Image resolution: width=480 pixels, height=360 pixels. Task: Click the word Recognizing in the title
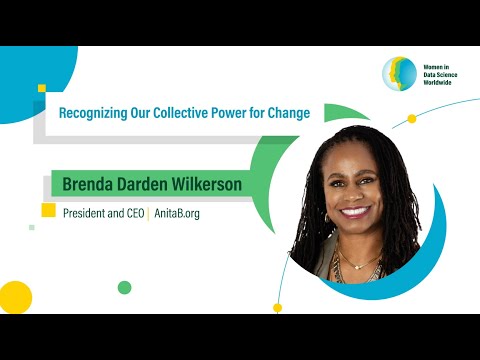tap(92, 113)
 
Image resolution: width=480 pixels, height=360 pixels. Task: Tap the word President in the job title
tap(86, 213)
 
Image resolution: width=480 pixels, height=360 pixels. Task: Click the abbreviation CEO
tap(134, 213)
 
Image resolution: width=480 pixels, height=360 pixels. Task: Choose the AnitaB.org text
tap(177, 213)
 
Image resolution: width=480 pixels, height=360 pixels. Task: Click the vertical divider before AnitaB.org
tap(149, 213)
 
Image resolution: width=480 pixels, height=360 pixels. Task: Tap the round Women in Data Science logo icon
tap(399, 73)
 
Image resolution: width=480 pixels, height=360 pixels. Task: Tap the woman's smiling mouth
tap(355, 213)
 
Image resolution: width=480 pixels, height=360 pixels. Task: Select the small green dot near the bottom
tap(124, 288)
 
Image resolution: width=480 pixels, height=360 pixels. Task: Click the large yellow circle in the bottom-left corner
tap(14, 297)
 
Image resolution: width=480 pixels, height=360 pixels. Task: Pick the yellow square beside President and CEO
tap(48, 210)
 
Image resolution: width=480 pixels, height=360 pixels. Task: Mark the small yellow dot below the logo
tap(411, 119)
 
